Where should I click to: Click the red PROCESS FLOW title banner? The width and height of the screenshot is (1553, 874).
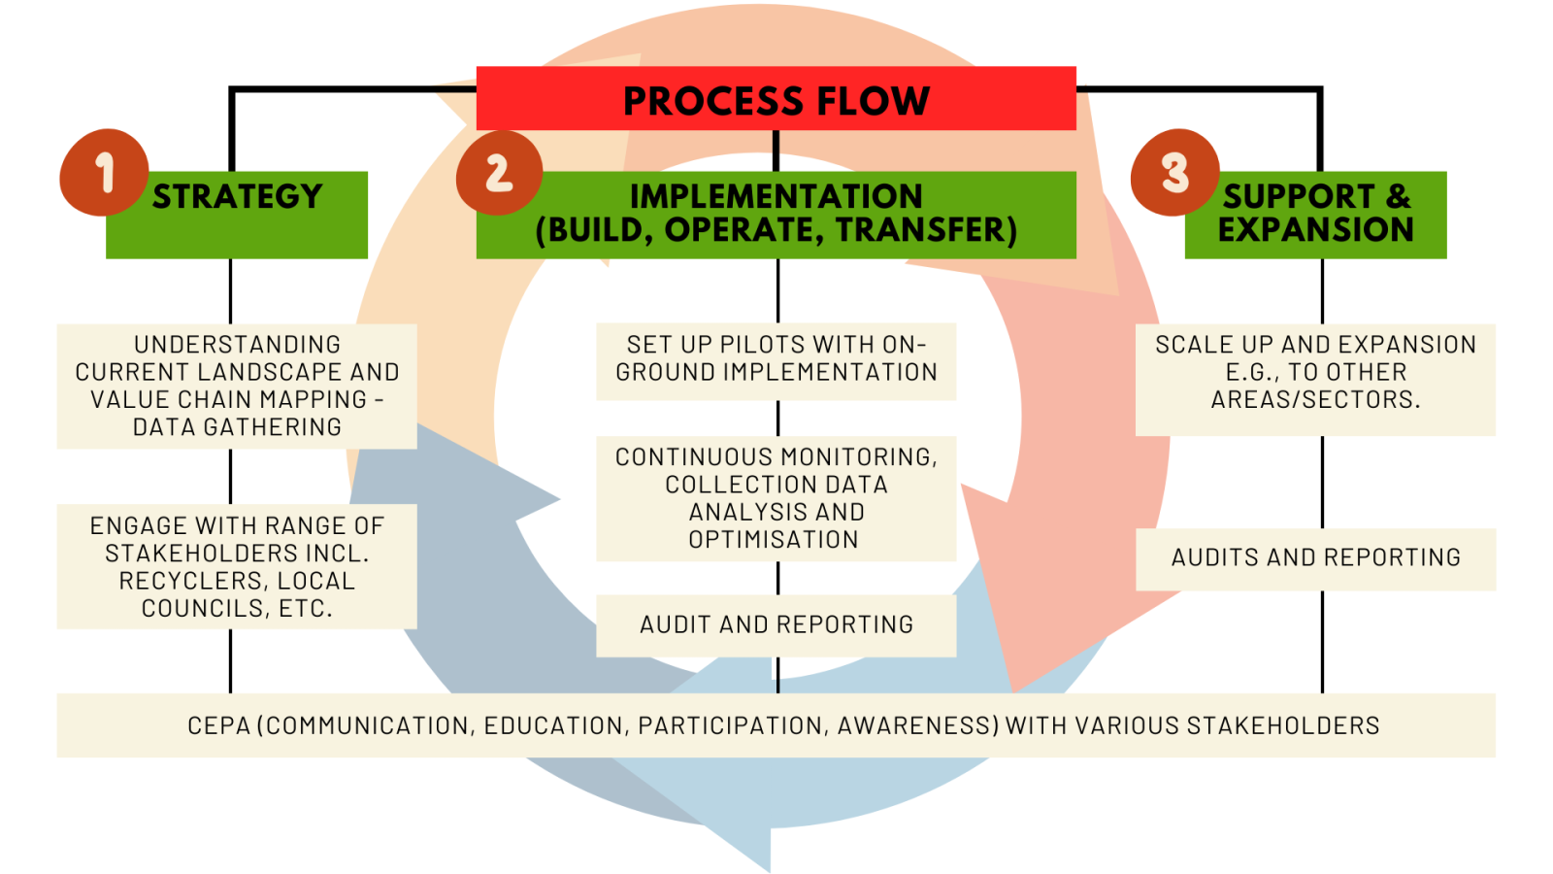tap(776, 99)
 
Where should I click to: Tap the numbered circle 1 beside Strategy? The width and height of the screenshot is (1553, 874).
tap(104, 173)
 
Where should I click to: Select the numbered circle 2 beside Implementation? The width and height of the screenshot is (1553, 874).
tap(499, 173)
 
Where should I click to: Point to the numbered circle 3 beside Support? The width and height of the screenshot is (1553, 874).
tap(1174, 173)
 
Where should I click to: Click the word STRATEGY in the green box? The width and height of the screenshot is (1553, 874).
tap(238, 196)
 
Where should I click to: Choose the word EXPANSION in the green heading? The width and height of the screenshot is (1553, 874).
tap(1315, 230)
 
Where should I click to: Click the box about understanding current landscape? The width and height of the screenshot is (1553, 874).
tap(237, 386)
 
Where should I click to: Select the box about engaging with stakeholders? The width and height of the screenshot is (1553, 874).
tap(237, 566)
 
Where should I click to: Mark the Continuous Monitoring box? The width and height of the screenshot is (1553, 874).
tap(776, 498)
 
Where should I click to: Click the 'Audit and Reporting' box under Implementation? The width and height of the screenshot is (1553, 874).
tap(776, 625)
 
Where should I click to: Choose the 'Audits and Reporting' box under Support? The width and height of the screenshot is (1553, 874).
tap(1315, 558)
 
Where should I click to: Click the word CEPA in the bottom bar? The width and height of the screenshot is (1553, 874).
tap(218, 726)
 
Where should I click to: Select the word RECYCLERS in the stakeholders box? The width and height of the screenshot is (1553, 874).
tap(176, 582)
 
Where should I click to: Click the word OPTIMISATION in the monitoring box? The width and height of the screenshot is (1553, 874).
tap(774, 540)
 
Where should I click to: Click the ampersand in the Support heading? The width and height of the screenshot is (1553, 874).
tap(1398, 196)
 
